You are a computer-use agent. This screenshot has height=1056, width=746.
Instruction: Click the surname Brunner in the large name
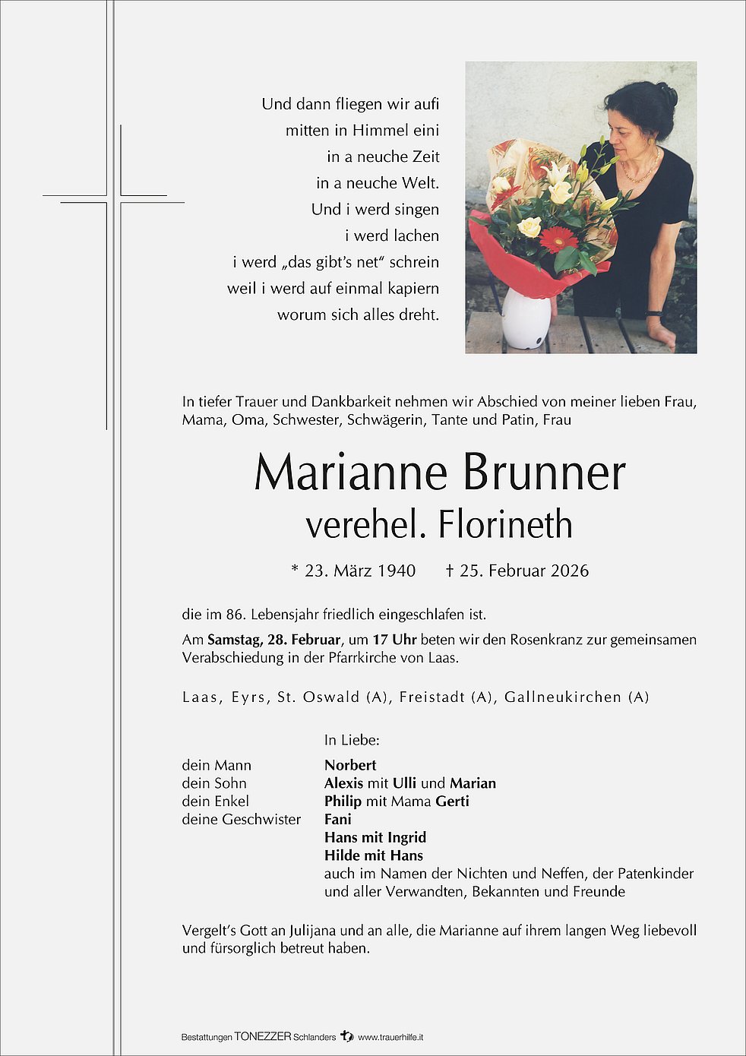tap(544, 473)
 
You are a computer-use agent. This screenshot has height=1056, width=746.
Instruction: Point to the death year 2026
tap(570, 571)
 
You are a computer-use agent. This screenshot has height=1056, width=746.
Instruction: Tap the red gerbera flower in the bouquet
tap(558, 239)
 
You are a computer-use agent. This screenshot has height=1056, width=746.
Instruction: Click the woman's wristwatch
tap(653, 312)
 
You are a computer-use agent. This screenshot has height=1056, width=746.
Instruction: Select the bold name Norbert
tap(350, 765)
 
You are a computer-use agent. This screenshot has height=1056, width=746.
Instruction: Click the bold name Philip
tap(343, 801)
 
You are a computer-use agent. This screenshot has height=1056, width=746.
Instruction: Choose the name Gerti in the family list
tap(452, 801)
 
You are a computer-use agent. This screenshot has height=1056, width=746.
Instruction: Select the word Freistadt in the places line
tap(431, 697)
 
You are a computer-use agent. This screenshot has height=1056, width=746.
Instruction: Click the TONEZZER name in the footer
tap(262, 1036)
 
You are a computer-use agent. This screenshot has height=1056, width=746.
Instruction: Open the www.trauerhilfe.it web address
tap(390, 1036)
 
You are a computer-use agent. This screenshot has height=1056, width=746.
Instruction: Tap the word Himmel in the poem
tap(380, 130)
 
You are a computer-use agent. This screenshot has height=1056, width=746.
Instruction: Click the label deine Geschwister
tap(241, 819)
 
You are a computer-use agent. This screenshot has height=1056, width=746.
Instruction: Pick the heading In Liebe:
tap(351, 739)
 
